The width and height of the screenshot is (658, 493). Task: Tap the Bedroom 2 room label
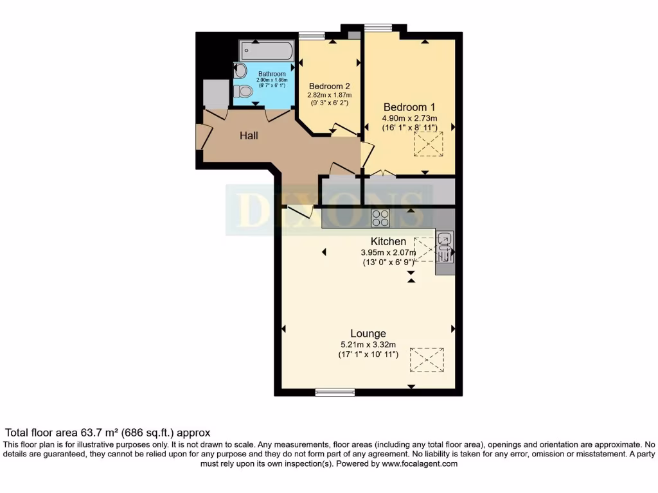point(329,86)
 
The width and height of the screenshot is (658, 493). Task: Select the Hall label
point(249,135)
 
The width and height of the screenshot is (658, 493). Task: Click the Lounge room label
point(368,334)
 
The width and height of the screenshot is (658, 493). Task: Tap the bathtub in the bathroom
point(266,51)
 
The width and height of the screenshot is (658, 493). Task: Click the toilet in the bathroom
point(242,91)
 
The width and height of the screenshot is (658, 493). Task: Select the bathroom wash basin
point(240,70)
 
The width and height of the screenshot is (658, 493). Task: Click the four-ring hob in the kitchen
point(380,218)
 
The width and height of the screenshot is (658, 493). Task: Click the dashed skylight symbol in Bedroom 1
point(429,144)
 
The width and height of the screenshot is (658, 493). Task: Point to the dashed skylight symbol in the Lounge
point(427,359)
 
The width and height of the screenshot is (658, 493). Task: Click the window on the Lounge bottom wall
point(335,392)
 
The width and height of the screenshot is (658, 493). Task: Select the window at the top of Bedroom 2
point(312,36)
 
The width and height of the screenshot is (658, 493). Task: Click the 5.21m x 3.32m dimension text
point(368,345)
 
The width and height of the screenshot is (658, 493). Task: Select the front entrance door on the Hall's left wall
point(202,136)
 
